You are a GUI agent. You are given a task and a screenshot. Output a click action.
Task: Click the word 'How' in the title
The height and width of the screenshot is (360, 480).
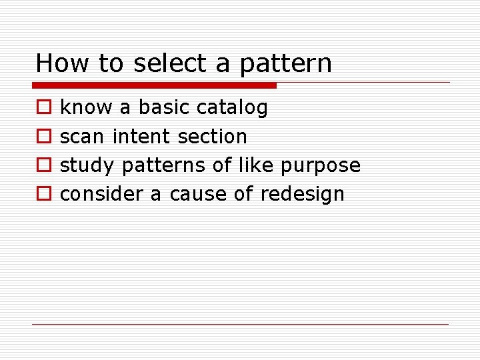(x=63, y=63)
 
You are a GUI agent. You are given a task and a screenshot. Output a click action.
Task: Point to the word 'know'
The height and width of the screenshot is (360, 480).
(x=87, y=107)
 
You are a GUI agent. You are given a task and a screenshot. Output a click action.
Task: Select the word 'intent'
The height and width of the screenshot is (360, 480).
(x=141, y=137)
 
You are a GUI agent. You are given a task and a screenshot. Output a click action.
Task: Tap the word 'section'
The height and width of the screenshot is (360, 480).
(x=212, y=137)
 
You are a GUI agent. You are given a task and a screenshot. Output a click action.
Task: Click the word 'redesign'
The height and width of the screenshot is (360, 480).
(x=302, y=195)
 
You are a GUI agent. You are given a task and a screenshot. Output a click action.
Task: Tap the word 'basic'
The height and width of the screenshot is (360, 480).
(x=165, y=107)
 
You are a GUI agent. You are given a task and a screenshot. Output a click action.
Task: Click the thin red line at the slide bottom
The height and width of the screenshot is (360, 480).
(x=240, y=324)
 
